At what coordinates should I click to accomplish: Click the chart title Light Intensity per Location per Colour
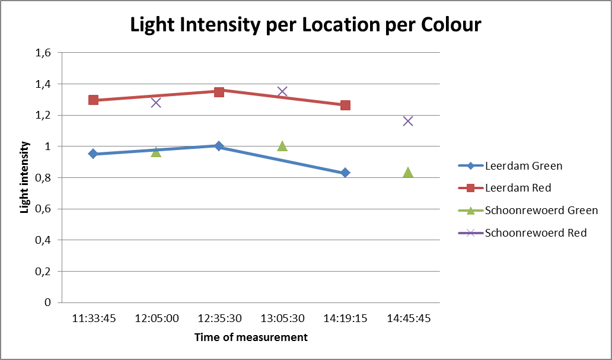click(305, 25)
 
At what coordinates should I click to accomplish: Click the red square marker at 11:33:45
click(93, 100)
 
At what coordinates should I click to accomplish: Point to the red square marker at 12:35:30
click(219, 91)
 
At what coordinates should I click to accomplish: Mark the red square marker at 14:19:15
click(345, 105)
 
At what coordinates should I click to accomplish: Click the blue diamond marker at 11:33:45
click(93, 154)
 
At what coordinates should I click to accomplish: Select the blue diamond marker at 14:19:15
click(345, 173)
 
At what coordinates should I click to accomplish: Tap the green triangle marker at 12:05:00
click(156, 152)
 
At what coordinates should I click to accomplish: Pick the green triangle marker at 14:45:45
click(408, 173)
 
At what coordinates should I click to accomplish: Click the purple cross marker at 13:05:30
click(282, 91)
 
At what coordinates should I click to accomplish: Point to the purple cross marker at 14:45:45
click(408, 121)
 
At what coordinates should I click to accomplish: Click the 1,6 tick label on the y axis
click(43, 53)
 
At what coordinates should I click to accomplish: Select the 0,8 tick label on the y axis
click(43, 178)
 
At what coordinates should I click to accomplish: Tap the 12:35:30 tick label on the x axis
click(219, 318)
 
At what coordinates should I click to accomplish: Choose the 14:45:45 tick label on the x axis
click(408, 318)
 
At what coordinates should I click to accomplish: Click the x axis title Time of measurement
click(251, 337)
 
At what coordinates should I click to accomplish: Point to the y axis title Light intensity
click(26, 177)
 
